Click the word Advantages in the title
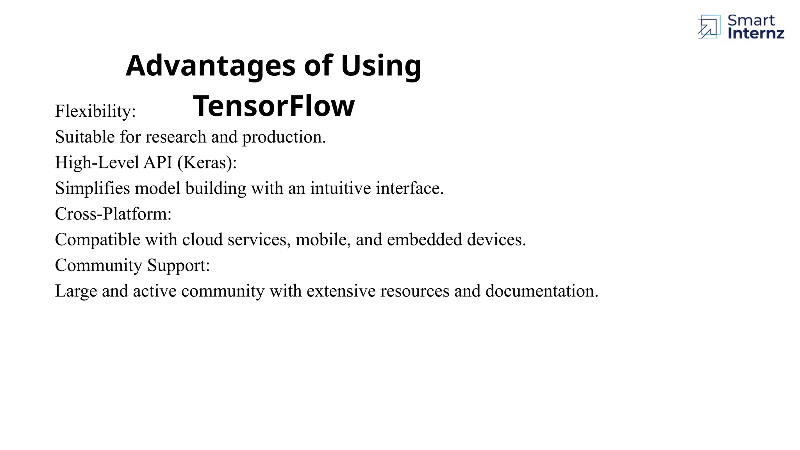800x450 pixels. [211, 66]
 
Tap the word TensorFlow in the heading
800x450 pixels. [274, 106]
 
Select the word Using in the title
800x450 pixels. [381, 66]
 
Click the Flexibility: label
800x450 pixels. [95, 111]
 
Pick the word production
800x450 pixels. [284, 137]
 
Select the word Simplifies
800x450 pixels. [92, 188]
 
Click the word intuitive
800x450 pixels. [341, 188]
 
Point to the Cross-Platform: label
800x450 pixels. [113, 214]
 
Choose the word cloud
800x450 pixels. [202, 239]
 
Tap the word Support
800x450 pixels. [179, 266]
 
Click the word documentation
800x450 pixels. [542, 291]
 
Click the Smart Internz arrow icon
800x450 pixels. [709, 27]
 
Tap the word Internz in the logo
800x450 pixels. [756, 34]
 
